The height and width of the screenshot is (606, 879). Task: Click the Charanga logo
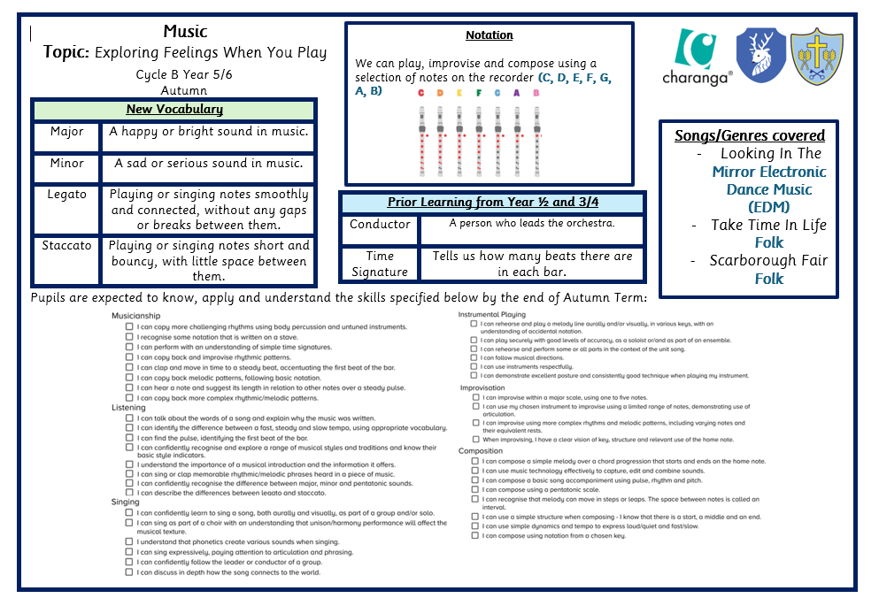point(703,56)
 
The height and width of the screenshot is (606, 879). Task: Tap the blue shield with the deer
point(760,55)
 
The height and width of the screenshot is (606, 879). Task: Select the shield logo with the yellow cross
point(815,56)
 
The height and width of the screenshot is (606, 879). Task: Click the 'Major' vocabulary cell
point(66,132)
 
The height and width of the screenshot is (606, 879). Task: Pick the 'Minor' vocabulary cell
point(66,163)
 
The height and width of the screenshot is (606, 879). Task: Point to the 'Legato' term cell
point(66,194)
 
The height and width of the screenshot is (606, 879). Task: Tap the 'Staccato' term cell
point(66,245)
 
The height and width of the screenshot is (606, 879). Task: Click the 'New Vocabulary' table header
point(174,110)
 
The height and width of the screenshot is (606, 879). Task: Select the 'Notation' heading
point(489,35)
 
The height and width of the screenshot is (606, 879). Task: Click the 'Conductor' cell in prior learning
point(380,224)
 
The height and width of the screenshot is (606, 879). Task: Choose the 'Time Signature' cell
point(380,264)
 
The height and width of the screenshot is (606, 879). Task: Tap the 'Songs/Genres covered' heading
point(750,135)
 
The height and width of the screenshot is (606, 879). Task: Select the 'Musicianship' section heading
point(136,316)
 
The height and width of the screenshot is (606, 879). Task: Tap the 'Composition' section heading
point(481,451)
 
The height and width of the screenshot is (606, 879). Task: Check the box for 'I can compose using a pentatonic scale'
point(475,489)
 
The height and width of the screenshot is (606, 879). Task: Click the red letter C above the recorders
point(420,93)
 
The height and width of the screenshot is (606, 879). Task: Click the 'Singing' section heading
point(125,502)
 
